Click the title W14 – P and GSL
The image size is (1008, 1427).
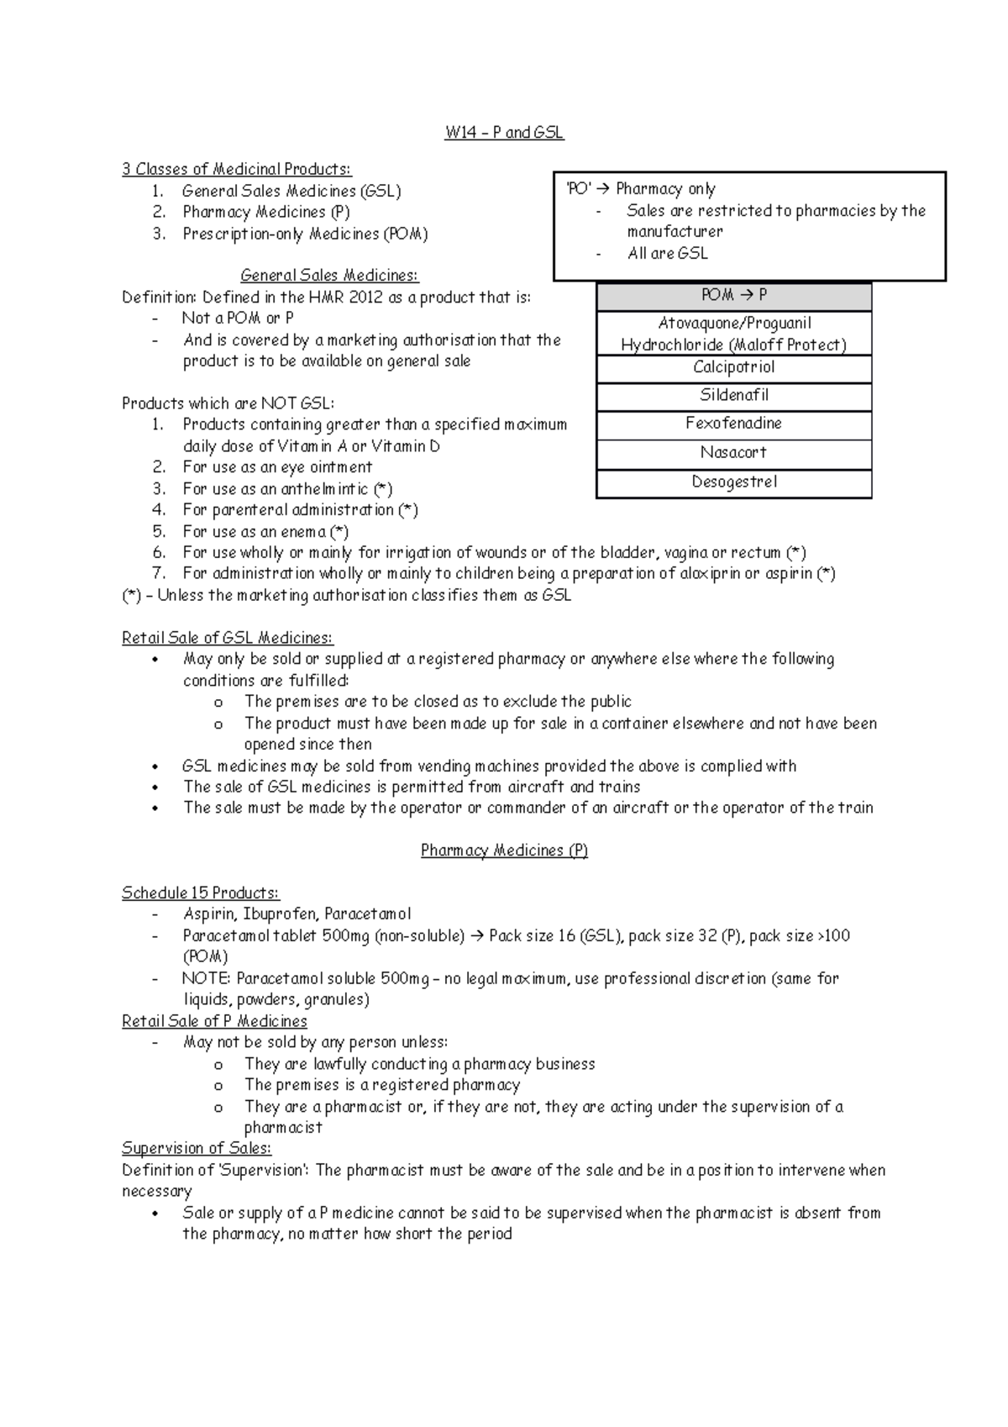pyautogui.click(x=504, y=133)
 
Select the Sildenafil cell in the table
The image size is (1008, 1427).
pyautogui.click(x=733, y=396)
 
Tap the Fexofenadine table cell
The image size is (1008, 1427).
pyautogui.click(x=733, y=424)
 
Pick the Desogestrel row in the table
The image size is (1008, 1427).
pyautogui.click(x=733, y=482)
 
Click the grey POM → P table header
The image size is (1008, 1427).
pyautogui.click(x=733, y=296)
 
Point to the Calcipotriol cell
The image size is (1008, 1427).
pyautogui.click(x=733, y=367)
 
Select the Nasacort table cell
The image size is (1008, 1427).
pyautogui.click(x=733, y=453)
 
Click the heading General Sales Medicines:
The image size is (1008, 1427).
pyautogui.click(x=329, y=276)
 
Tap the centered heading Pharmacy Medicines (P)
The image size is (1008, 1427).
pyautogui.click(x=504, y=851)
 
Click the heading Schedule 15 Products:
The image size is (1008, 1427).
pyautogui.click(x=200, y=893)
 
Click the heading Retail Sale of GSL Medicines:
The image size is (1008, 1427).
pyautogui.click(x=227, y=639)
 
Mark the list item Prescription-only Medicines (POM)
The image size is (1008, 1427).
pyautogui.click(x=305, y=234)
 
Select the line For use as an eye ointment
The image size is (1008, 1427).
pyautogui.click(x=277, y=467)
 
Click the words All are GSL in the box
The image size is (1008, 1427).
pyautogui.click(x=668, y=254)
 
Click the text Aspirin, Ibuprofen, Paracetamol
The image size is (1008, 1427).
pyautogui.click(x=297, y=914)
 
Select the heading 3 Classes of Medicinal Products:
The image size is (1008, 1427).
pyautogui.click(x=236, y=170)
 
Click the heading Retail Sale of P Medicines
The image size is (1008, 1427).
pyautogui.click(x=214, y=1021)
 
